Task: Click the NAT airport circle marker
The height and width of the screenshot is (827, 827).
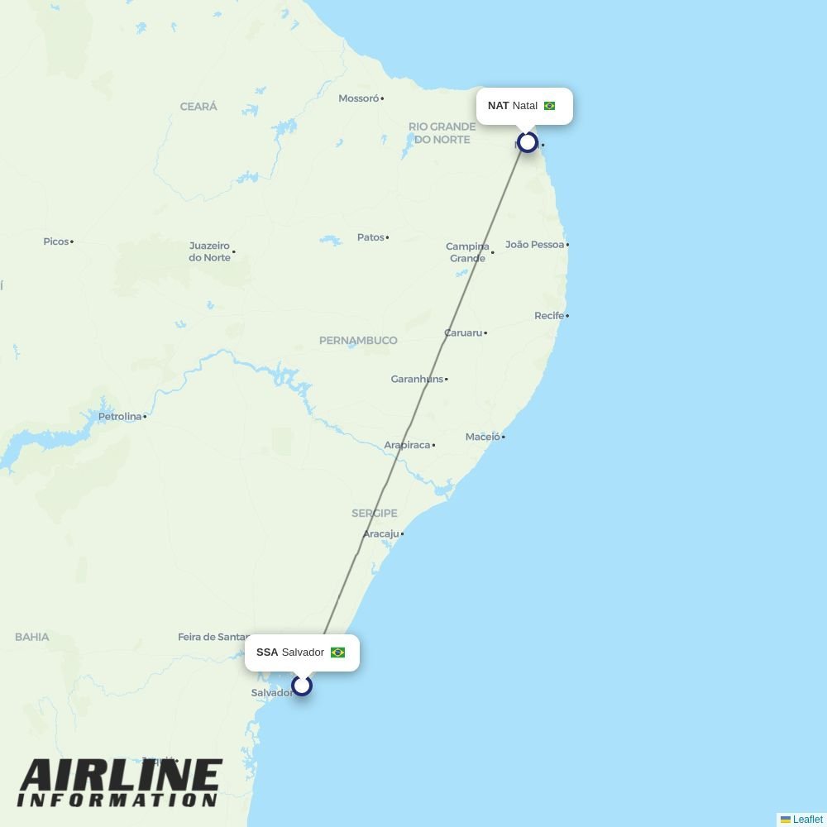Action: (x=528, y=142)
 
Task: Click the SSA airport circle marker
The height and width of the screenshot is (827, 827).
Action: (x=302, y=686)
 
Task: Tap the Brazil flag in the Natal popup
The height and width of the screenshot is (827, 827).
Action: (x=549, y=106)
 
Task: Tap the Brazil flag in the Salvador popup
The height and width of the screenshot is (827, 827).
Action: (x=337, y=653)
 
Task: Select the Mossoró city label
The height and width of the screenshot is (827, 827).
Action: (x=358, y=98)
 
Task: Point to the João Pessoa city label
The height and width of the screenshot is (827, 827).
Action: (x=534, y=245)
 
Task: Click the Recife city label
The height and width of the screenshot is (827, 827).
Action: (x=549, y=316)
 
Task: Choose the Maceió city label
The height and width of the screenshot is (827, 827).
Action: (x=483, y=437)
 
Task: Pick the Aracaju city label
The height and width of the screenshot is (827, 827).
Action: (x=380, y=534)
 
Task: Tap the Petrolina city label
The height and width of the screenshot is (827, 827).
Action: (x=120, y=417)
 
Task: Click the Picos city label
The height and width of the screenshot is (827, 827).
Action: (x=56, y=241)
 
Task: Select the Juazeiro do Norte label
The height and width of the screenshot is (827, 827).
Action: (x=210, y=251)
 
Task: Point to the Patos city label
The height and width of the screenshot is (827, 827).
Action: (x=370, y=237)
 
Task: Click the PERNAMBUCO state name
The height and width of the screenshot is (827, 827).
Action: (x=358, y=341)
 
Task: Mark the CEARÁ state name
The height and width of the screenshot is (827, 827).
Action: (x=198, y=107)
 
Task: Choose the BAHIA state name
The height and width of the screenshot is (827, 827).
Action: (x=32, y=637)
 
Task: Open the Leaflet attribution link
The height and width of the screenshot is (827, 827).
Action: (x=807, y=820)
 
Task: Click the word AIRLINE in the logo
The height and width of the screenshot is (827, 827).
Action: (x=121, y=777)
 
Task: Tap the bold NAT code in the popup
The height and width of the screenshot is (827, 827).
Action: (x=498, y=106)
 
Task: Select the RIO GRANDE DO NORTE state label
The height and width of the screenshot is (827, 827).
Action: (x=442, y=133)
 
